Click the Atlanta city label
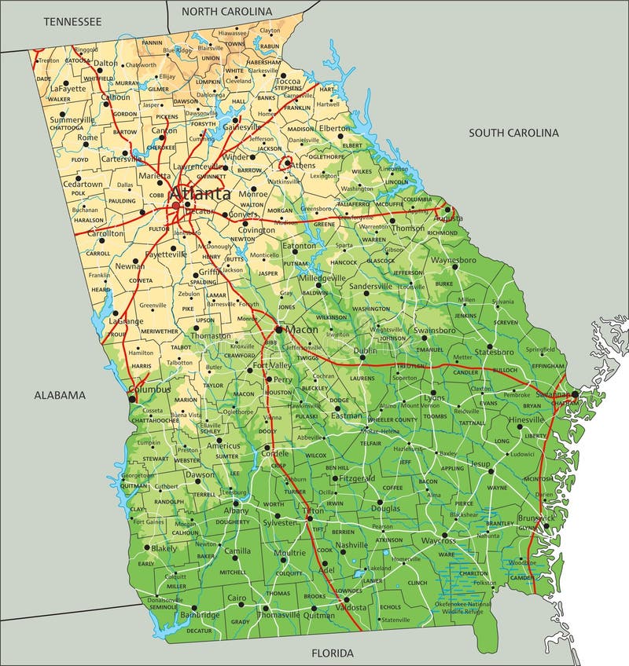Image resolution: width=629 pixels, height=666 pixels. pos(200,193)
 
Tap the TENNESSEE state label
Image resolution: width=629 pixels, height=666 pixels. pos(72,22)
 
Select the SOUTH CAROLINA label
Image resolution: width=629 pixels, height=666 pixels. pos(513,133)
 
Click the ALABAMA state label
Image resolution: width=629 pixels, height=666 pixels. pos(59,395)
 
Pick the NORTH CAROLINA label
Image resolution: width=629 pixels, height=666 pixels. pos(226,12)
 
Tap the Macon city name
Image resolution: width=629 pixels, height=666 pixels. pos(302,330)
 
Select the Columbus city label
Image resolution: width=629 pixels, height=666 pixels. pos(150,389)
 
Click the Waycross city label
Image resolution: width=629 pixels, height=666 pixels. pos(438,540)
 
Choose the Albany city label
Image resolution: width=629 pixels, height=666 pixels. pos(235,510)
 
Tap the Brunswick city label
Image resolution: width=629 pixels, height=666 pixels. pos(538,518)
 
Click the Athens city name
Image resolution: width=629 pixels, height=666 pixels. pos(303,166)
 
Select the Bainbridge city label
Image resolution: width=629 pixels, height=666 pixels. pos(200,616)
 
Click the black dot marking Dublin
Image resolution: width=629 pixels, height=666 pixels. pos(362,358)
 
